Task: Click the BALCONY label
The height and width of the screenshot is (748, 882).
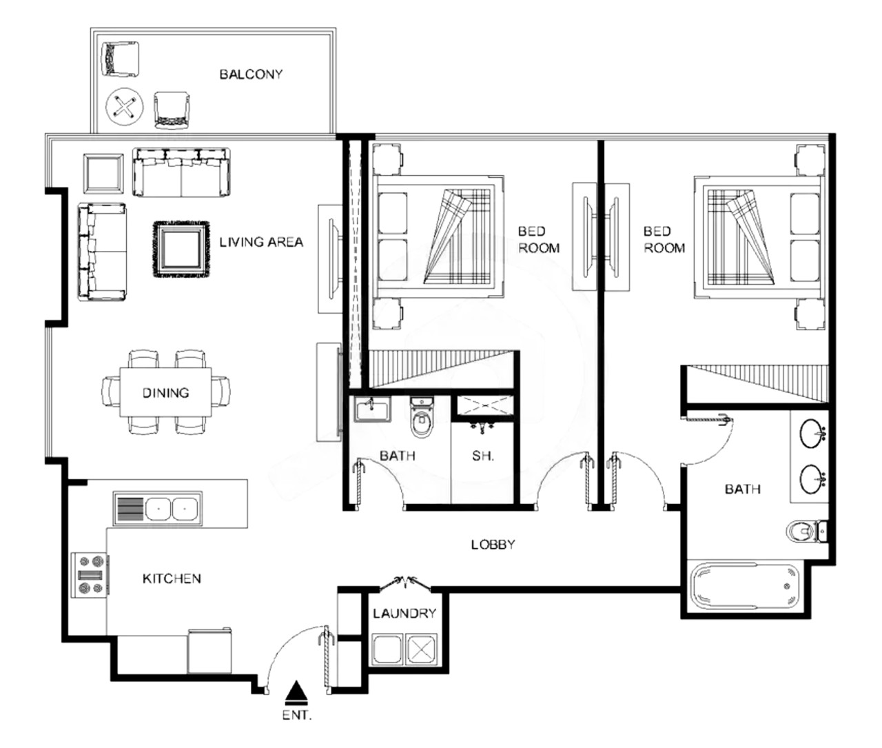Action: tap(251, 74)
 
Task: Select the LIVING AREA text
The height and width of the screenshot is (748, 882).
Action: tap(261, 242)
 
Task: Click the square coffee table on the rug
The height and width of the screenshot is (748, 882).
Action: tap(182, 250)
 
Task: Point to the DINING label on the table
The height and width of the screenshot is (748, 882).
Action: tap(165, 393)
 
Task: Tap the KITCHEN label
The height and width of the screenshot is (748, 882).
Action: tap(172, 578)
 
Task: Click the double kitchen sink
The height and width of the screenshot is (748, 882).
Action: tap(158, 509)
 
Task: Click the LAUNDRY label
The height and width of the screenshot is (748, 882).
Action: tap(404, 614)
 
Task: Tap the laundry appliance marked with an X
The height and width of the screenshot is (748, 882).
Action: tap(422, 651)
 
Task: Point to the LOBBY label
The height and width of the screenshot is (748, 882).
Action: tap(493, 545)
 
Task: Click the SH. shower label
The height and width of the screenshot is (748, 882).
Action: tap(483, 456)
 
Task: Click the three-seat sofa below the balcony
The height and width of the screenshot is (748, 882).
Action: tap(181, 172)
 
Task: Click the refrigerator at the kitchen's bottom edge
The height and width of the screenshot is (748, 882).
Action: tap(209, 651)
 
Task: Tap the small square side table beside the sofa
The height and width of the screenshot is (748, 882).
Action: tap(103, 174)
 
